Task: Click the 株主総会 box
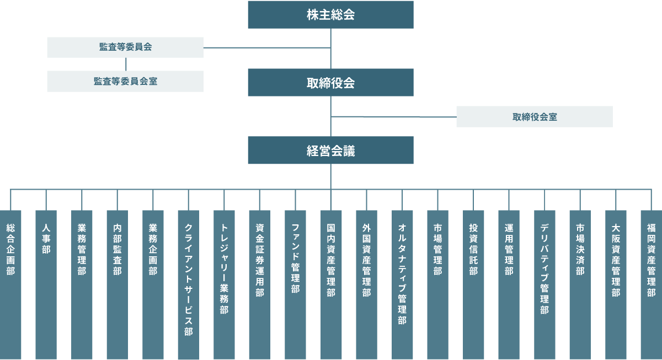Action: click(x=330, y=14)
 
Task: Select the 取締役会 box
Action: click(x=330, y=83)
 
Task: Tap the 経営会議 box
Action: click(x=330, y=150)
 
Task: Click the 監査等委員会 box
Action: click(x=125, y=47)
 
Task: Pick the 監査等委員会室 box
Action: click(x=125, y=81)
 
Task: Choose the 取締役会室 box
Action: click(x=534, y=117)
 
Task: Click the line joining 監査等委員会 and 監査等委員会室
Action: click(x=126, y=64)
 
